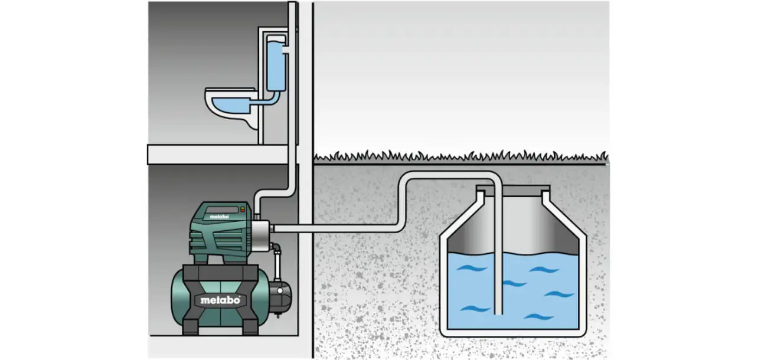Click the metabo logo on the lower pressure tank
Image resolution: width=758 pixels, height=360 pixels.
[x=220, y=300]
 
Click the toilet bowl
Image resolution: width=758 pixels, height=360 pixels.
[x=231, y=109]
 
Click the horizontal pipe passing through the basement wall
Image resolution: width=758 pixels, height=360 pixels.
[x=331, y=228]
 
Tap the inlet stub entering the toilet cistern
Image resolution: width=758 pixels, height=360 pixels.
[x=285, y=53]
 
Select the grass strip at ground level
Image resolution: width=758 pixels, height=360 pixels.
[x=460, y=156]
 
